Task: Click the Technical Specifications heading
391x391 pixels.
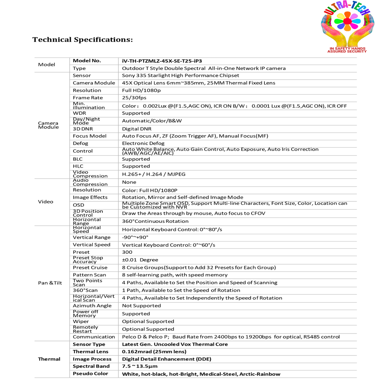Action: coord(83,40)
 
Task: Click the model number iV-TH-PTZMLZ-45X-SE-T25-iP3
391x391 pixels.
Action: coord(162,61)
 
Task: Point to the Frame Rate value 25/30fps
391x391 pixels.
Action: coord(134,98)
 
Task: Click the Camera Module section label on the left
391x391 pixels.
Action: coord(48,125)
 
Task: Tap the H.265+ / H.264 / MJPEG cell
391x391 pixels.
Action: coord(154,174)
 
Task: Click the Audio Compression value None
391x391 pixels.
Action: coord(129,182)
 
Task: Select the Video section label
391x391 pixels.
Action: coord(46,202)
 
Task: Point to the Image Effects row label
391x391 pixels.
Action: coord(90,197)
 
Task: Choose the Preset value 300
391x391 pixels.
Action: coord(127,252)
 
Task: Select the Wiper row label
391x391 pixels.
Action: coord(81,321)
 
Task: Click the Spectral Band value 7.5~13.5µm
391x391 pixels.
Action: coord(140,366)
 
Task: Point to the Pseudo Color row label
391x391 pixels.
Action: coord(90,374)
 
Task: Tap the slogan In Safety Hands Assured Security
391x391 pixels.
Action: coord(346,50)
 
